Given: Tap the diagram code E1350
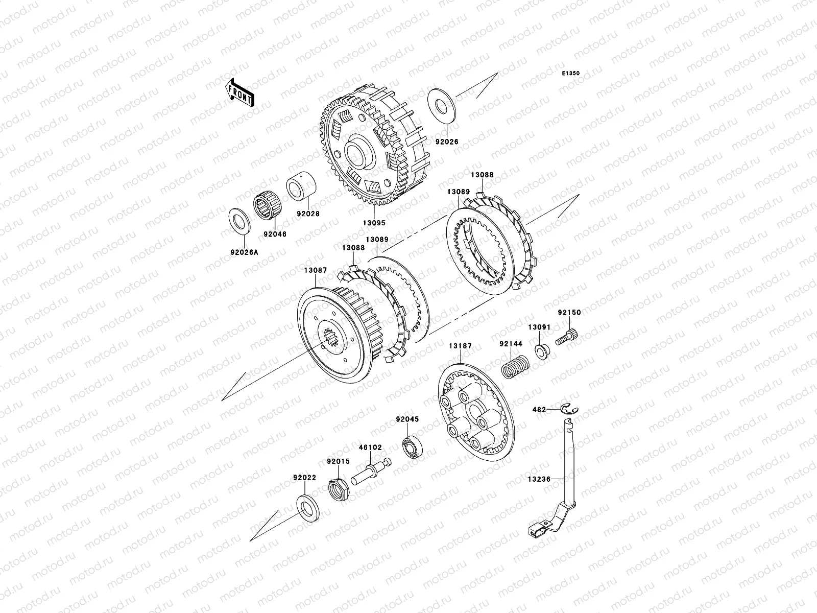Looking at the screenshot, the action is click(x=570, y=74).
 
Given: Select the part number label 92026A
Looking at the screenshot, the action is click(x=244, y=252).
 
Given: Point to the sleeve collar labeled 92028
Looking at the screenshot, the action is click(x=301, y=186).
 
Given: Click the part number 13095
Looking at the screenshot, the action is click(x=374, y=223).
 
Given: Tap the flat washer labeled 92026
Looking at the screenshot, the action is click(x=442, y=106).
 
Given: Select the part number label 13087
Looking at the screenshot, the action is click(x=316, y=270).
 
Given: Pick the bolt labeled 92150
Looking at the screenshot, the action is click(x=566, y=336).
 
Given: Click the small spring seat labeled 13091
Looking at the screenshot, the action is click(x=542, y=351).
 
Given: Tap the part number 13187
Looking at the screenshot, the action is click(x=460, y=346).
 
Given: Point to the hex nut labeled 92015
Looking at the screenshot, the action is click(x=339, y=489).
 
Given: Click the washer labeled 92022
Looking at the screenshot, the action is click(x=307, y=508).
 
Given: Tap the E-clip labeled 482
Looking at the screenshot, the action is click(x=569, y=408).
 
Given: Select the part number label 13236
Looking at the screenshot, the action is click(x=539, y=479).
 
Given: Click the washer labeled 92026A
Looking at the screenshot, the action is click(x=239, y=221).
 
